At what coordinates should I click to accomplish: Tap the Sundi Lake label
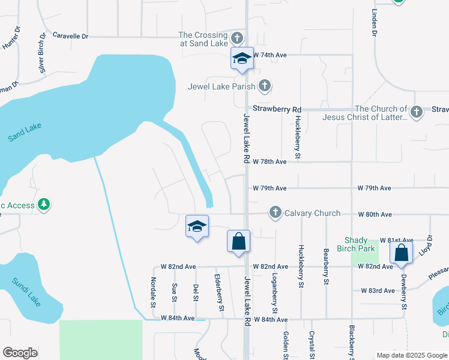(x=26, y=292)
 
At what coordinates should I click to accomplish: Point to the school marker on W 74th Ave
(x=243, y=59)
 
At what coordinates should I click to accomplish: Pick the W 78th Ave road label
(x=270, y=162)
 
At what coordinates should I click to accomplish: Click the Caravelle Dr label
(x=70, y=36)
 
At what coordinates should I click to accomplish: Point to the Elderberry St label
(x=218, y=293)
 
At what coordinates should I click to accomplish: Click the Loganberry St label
(x=274, y=293)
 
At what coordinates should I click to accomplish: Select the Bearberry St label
(x=326, y=266)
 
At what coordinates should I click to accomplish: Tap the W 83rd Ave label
(x=378, y=290)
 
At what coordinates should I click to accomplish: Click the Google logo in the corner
(x=20, y=353)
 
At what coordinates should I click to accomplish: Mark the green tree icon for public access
(x=43, y=205)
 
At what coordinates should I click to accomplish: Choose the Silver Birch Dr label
(x=42, y=53)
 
